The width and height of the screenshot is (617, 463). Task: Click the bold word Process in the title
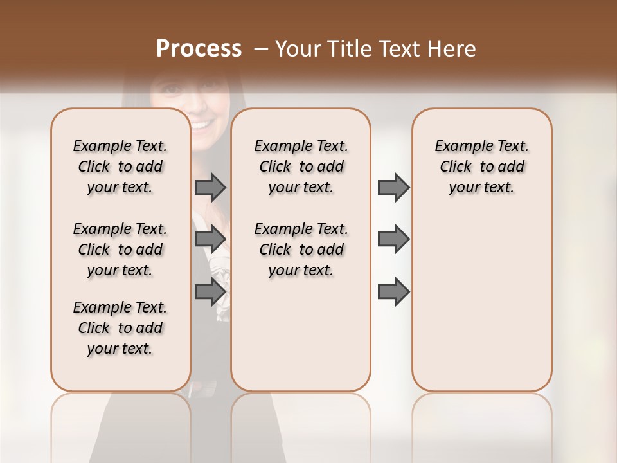tap(199, 49)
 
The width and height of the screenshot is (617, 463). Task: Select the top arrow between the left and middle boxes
tap(210, 188)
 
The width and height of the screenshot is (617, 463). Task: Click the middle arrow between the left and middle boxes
tap(210, 239)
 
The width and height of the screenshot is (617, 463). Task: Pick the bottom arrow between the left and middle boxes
tap(210, 293)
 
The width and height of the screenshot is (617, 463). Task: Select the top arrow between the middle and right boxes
tap(393, 188)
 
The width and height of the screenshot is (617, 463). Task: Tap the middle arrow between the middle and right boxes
tap(393, 239)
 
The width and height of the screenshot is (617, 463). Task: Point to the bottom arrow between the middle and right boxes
tap(393, 293)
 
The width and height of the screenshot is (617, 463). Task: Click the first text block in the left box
tap(120, 167)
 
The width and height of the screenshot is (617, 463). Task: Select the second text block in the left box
tap(120, 250)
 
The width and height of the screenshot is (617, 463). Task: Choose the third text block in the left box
tap(120, 328)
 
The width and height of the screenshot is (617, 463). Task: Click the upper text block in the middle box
tap(301, 167)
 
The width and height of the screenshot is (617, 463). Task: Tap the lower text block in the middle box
tap(301, 250)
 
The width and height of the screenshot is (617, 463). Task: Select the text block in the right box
tap(481, 167)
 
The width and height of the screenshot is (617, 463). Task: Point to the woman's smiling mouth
tap(202, 123)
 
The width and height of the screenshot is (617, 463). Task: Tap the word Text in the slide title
tap(396, 49)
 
